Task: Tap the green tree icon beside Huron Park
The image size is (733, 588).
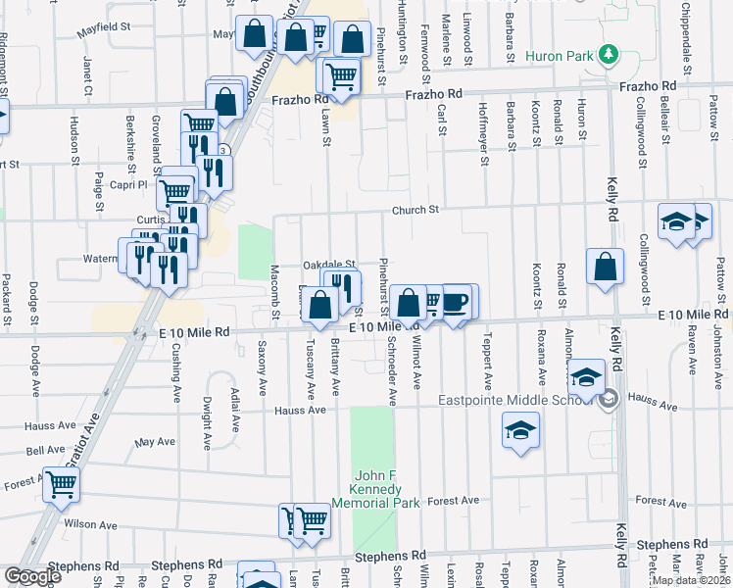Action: tap(609, 52)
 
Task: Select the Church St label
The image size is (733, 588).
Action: tap(415, 209)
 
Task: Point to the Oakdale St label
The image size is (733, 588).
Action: tap(327, 265)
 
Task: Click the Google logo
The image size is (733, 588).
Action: tap(32, 576)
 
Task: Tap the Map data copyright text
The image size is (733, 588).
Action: tap(690, 580)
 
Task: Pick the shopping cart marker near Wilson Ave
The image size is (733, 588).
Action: tap(62, 483)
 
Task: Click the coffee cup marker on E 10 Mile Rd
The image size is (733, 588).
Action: tap(455, 302)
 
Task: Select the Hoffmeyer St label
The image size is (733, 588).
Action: tap(484, 136)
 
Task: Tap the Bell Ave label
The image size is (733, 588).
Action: tap(46, 450)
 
